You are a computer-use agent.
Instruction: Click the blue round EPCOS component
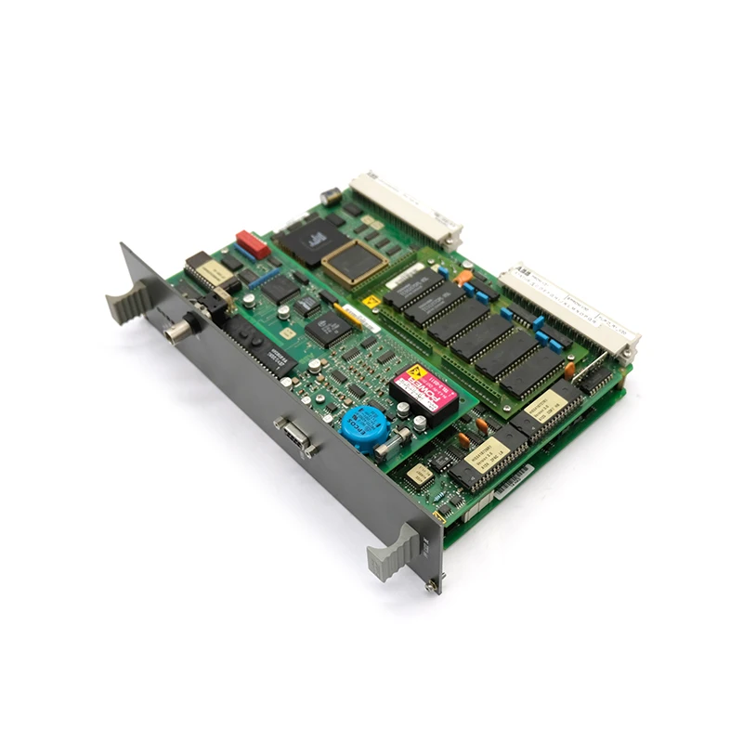point(364,425)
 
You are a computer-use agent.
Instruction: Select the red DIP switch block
point(253,243)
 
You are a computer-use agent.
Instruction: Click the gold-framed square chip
point(354,262)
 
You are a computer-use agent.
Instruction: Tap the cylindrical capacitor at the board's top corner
point(329,197)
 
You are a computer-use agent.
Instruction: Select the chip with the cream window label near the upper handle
point(210,270)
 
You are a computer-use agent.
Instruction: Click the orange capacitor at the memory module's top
point(462,276)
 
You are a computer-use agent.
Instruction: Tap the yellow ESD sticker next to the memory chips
point(371,301)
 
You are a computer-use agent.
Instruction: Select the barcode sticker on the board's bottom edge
point(514,482)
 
